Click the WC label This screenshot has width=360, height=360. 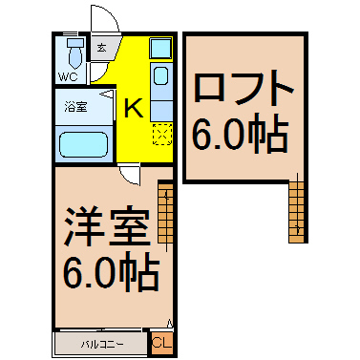click(68, 76)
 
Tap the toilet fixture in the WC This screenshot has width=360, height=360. click(75, 53)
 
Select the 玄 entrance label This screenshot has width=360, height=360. click(101, 49)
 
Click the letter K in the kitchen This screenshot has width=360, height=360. click(134, 108)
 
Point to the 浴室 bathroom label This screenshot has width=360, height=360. click(75, 107)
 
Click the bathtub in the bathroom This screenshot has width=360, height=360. click(84, 144)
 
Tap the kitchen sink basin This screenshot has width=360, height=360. click(162, 76)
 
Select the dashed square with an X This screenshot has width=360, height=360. click(162, 135)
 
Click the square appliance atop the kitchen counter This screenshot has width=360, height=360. click(160, 49)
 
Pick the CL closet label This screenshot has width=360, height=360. click(162, 343)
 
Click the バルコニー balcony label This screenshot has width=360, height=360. click(102, 345)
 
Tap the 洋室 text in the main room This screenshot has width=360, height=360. click(107, 225)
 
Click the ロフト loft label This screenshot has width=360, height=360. click(244, 88)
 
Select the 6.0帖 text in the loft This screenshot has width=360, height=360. click(240, 133)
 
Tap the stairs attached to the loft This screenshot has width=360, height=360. click(297, 212)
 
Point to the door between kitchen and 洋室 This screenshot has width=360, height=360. click(130, 174)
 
